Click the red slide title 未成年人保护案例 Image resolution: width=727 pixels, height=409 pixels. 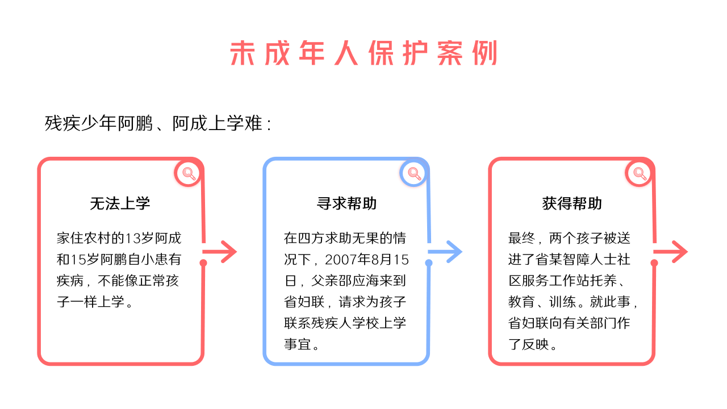pyautogui.click(x=363, y=53)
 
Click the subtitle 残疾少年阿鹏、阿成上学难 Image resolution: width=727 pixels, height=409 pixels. pyautogui.click(x=153, y=123)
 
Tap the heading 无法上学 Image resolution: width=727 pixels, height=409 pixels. pyautogui.click(x=120, y=203)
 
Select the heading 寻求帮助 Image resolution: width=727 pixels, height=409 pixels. pyautogui.click(x=346, y=203)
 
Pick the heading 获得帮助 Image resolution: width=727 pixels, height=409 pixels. pyautogui.click(x=572, y=203)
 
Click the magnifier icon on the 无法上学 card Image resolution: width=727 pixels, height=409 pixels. pyautogui.click(x=189, y=173)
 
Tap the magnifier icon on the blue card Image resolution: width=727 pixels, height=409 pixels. pyautogui.click(x=414, y=173)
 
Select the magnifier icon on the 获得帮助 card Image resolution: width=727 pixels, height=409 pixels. pyautogui.click(x=640, y=173)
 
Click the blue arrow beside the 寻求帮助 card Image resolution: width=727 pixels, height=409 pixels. pyautogui.click(x=445, y=252)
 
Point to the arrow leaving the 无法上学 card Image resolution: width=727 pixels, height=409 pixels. pyautogui.click(x=220, y=252)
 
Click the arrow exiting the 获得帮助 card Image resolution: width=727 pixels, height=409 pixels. pyautogui.click(x=671, y=252)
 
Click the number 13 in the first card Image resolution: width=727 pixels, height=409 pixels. pyautogui.click(x=133, y=238)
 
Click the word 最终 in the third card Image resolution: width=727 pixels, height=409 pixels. pyautogui.click(x=521, y=238)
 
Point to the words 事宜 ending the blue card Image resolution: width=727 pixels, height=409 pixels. pyautogui.click(x=297, y=344)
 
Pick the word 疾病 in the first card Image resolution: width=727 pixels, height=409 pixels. pyautogui.click(x=70, y=281)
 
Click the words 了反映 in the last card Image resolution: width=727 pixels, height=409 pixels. pyautogui.click(x=528, y=344)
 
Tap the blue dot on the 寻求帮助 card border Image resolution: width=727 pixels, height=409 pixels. pyautogui.click(x=429, y=263)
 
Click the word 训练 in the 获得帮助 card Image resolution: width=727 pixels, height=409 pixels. pyautogui.click(x=562, y=302)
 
